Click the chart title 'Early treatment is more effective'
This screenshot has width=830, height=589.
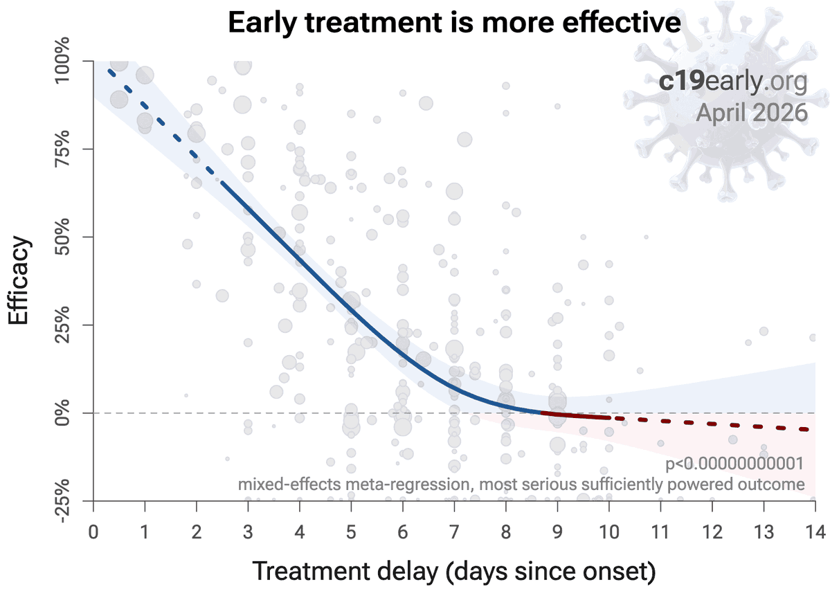coord(454,24)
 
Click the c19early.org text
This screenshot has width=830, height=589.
coord(733,82)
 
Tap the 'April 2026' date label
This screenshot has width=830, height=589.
coord(751,112)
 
